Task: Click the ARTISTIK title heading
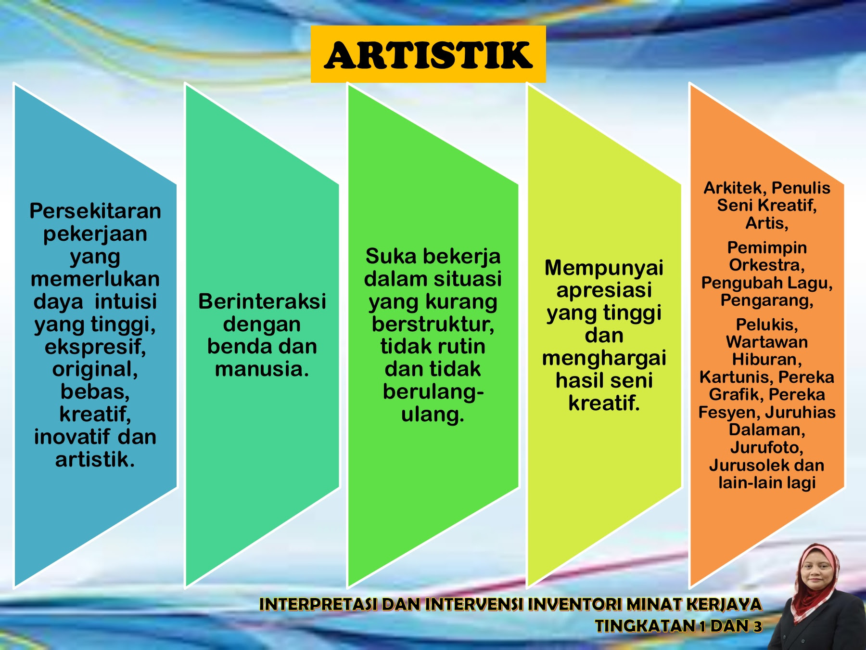(x=428, y=55)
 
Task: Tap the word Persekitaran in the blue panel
(x=95, y=211)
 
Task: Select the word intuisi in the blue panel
(x=126, y=301)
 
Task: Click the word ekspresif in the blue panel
(x=95, y=347)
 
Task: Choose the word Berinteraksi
(x=262, y=301)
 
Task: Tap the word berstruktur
(x=433, y=324)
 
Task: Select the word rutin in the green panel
(x=461, y=346)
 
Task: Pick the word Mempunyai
(x=604, y=268)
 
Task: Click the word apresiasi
(x=604, y=290)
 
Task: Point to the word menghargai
(x=604, y=358)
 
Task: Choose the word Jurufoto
(x=766, y=447)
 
